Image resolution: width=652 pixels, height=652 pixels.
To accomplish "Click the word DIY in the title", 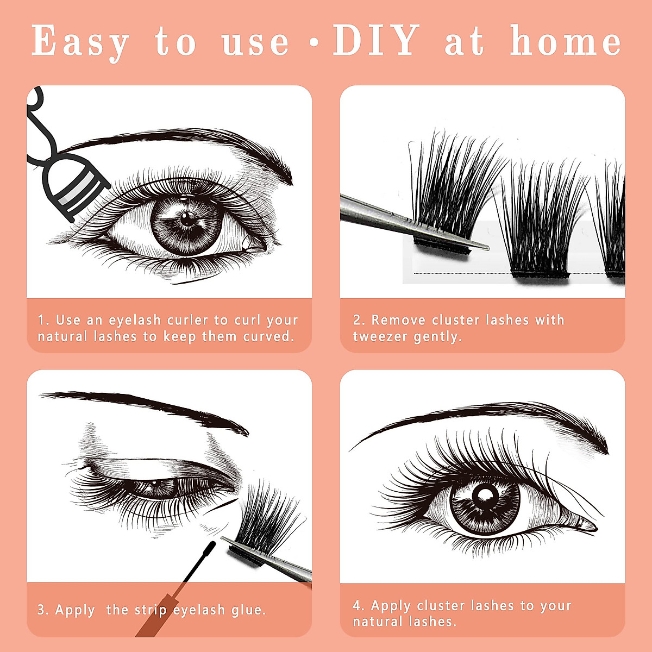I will pyautogui.click(x=377, y=41).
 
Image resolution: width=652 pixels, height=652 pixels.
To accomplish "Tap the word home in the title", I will pyautogui.click(x=566, y=41).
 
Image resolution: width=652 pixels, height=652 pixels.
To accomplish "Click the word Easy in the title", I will pyautogui.click(x=80, y=42).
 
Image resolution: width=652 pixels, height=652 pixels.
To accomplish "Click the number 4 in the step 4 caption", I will pyautogui.click(x=358, y=606).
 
